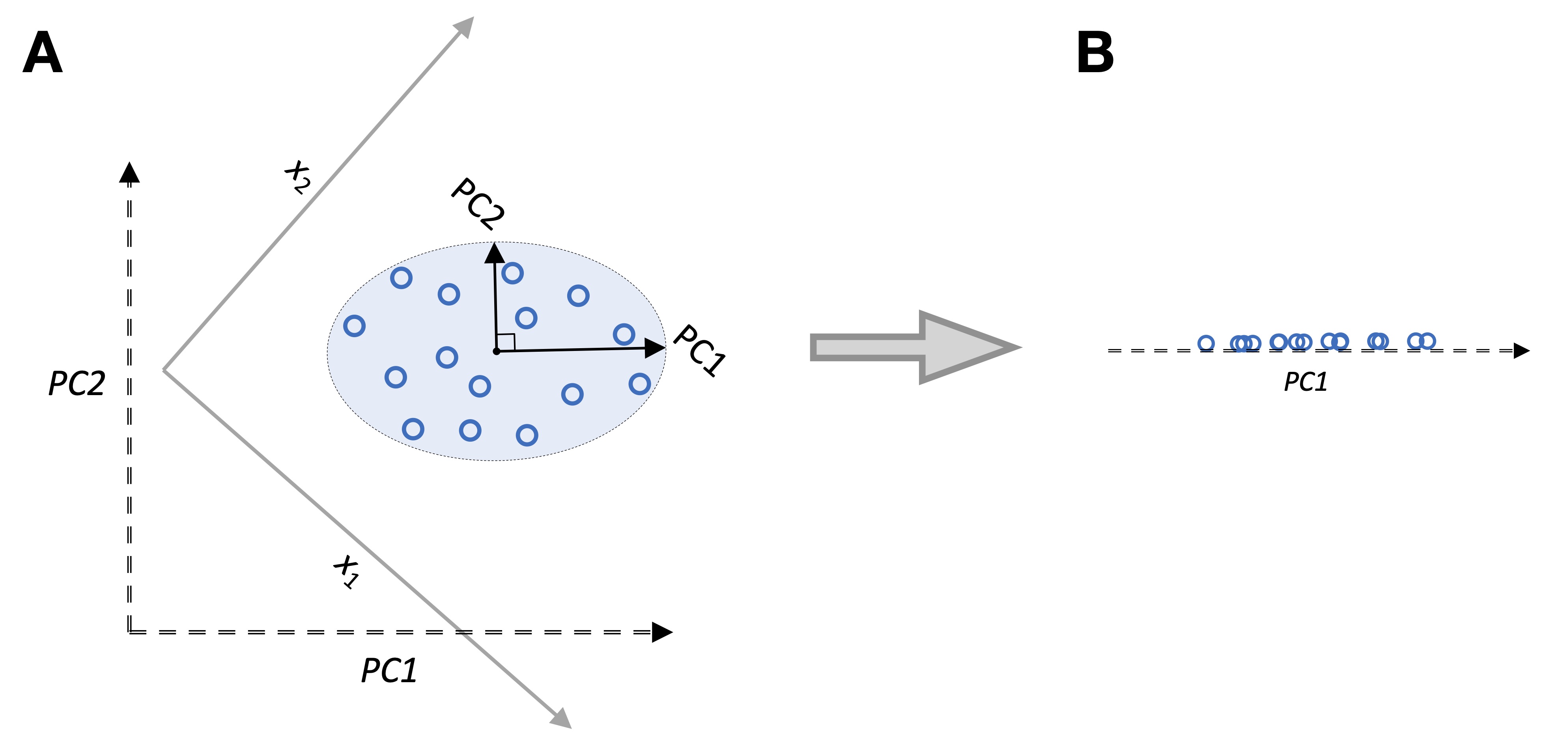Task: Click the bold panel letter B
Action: point(1095,53)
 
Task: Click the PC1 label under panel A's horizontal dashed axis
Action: point(389,670)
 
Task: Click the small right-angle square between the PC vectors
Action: point(506,342)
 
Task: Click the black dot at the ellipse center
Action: point(497,351)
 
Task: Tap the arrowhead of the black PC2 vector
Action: point(494,253)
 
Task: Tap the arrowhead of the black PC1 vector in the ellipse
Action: point(654,348)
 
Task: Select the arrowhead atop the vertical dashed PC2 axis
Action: point(129,173)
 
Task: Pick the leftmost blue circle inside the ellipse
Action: point(355,326)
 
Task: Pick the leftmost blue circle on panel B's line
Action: point(1206,343)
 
